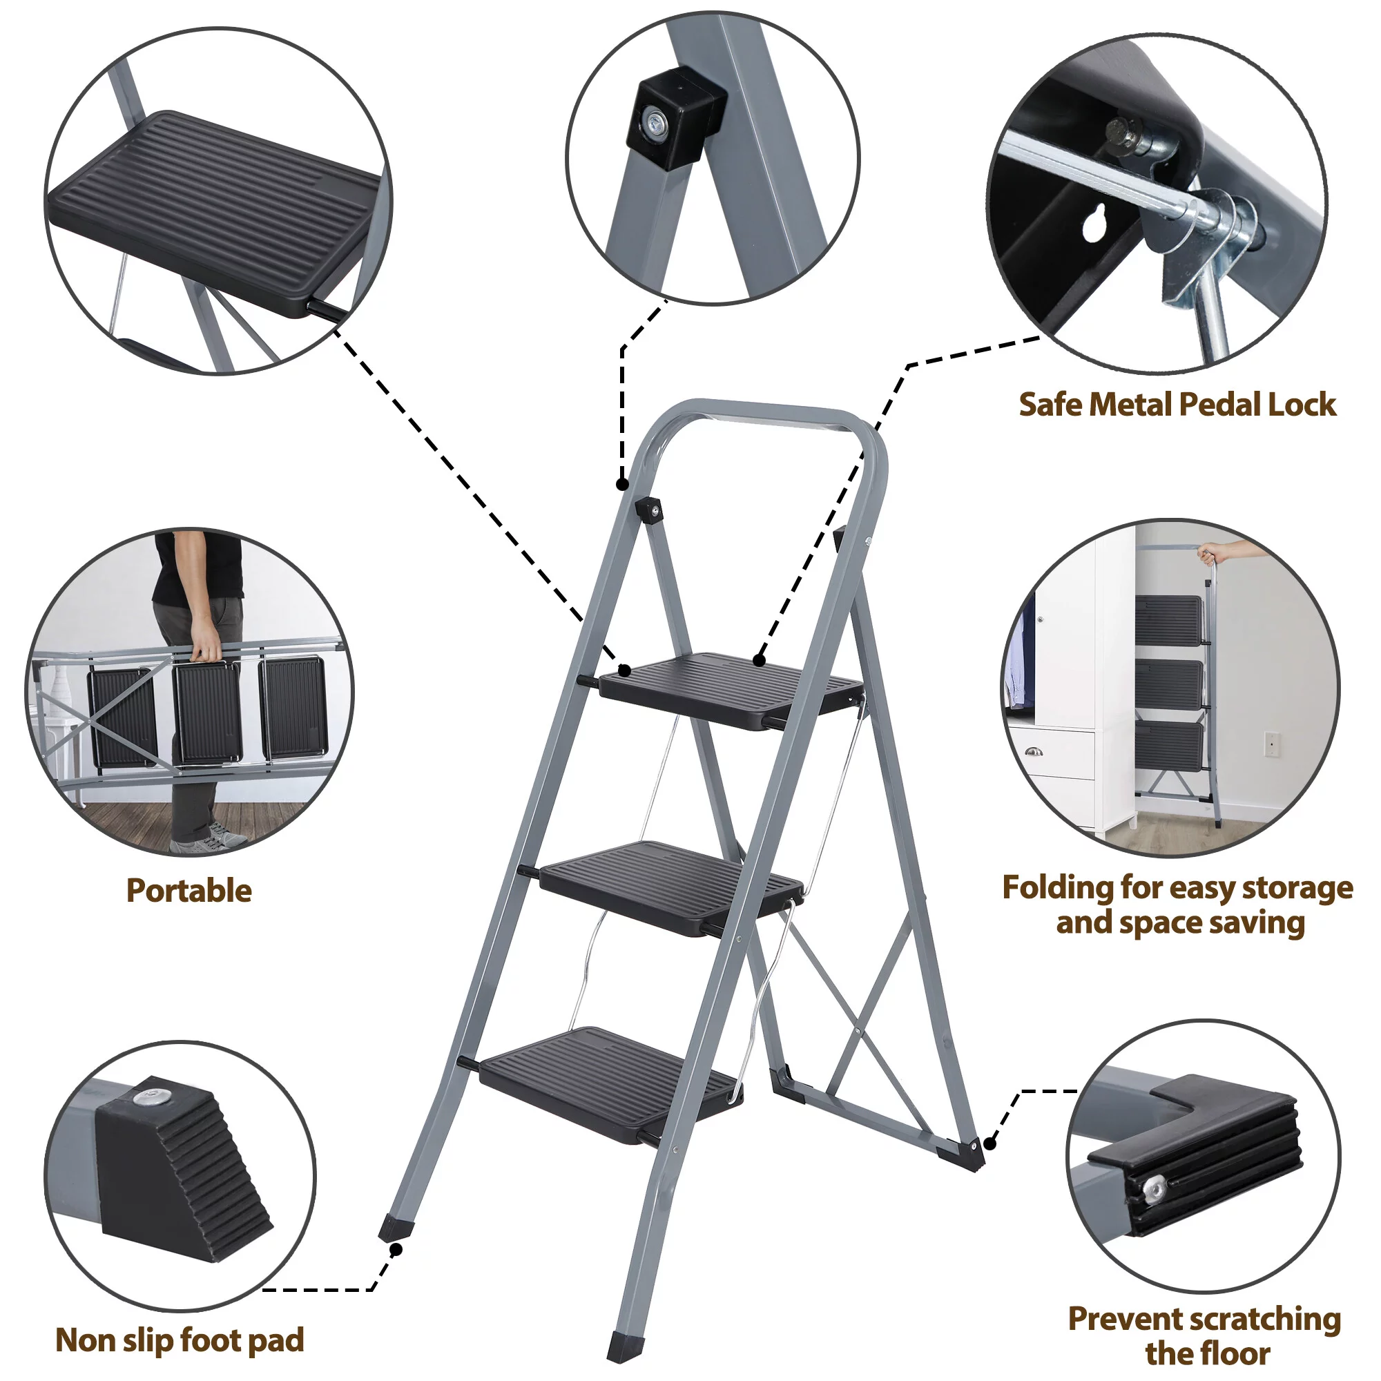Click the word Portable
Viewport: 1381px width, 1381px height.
[189, 891]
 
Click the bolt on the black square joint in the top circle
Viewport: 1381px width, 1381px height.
[654, 123]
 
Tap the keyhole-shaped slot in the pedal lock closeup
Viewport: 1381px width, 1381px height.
[1094, 223]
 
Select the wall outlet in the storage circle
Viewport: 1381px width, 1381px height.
[1272, 744]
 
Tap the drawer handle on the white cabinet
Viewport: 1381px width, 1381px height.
[1034, 751]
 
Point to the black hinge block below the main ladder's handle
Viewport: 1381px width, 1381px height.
[648, 510]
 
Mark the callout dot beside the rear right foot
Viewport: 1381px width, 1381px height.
[990, 1143]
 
